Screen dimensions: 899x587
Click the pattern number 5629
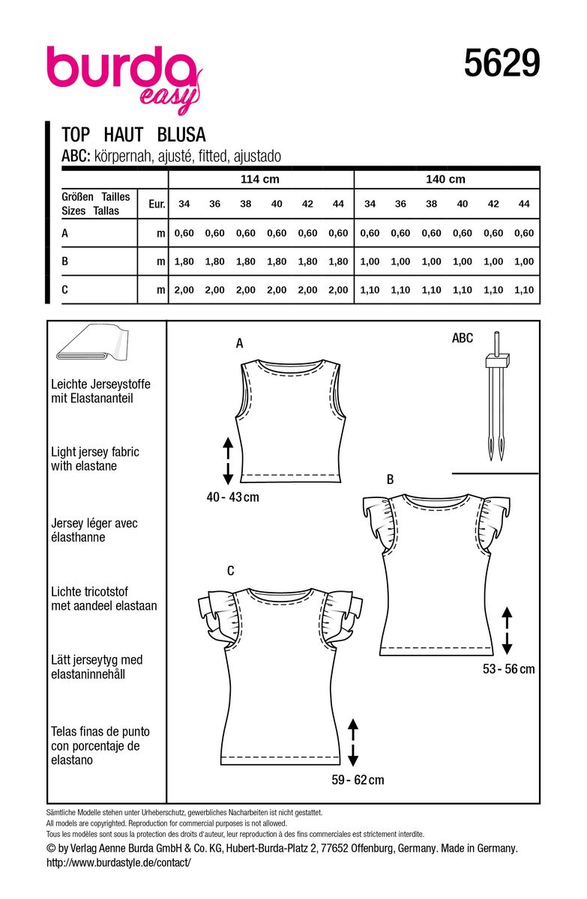click(502, 64)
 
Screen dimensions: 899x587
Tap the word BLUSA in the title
click(181, 135)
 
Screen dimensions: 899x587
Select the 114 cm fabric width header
click(260, 180)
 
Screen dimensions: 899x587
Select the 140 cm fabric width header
click(445, 180)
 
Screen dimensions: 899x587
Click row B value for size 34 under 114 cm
click(184, 261)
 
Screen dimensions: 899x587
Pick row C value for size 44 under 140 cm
click(524, 290)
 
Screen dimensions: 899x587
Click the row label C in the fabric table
click(66, 290)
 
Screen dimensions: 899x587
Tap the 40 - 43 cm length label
click(233, 497)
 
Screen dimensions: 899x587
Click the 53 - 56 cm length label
click(508, 669)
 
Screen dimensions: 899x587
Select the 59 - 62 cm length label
click(358, 780)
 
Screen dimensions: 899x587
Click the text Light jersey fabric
click(95, 452)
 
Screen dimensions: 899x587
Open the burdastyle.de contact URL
click(118, 862)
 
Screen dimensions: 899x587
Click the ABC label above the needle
click(463, 339)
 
